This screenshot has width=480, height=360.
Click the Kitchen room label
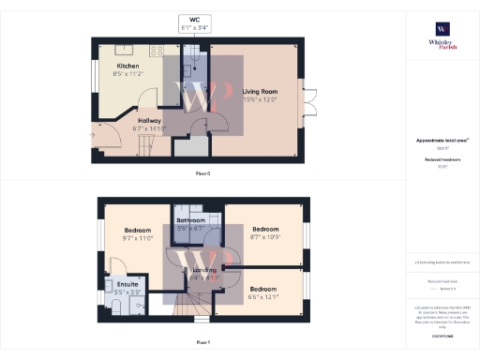click(x=128, y=66)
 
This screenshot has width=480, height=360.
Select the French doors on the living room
click(x=308, y=101)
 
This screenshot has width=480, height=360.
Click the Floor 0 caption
click(x=202, y=174)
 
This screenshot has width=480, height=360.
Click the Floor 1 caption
click(x=202, y=343)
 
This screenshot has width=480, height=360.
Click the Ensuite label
click(x=127, y=284)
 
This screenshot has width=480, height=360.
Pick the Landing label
click(x=203, y=270)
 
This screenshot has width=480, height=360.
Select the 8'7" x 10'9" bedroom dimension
click(x=263, y=236)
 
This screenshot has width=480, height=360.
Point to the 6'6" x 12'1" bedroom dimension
click(x=263, y=297)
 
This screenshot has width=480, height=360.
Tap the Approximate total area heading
click(x=440, y=141)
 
